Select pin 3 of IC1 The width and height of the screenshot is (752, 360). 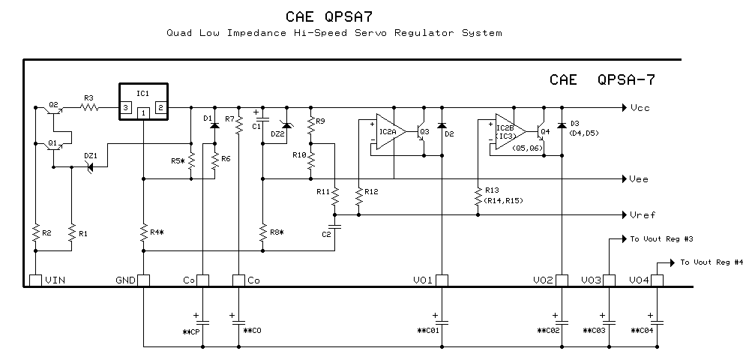click(126, 108)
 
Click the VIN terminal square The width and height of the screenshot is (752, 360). click(35, 280)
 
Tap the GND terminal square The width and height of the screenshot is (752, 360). click(143, 280)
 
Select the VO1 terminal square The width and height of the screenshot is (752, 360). click(442, 280)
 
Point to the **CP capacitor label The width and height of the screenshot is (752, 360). click(190, 331)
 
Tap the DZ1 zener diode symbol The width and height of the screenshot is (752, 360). click(91, 167)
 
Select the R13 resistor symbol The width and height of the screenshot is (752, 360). click(478, 196)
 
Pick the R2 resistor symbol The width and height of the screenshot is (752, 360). click(35, 234)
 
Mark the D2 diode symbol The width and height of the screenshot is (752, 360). click(442, 124)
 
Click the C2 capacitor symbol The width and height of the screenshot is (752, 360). click(335, 223)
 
